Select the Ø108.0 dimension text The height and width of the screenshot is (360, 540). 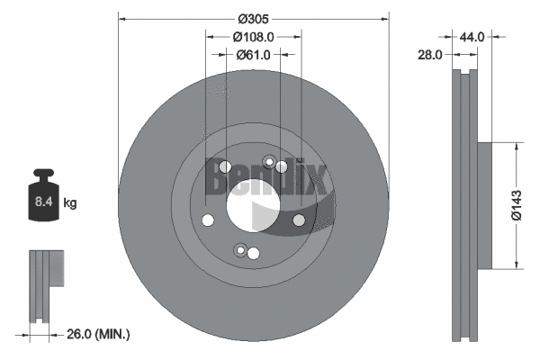tap(253, 37)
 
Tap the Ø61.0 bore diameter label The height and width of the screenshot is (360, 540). tap(254, 54)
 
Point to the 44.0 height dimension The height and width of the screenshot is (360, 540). tap(472, 37)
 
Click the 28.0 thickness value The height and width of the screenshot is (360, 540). tap(430, 54)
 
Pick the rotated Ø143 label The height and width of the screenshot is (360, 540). tap(517, 205)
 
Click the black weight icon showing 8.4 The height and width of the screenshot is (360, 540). tap(43, 196)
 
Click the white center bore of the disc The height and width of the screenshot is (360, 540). tap(253, 205)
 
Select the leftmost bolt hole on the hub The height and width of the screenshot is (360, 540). tap(208, 220)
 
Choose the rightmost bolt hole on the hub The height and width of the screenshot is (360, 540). tap(299, 219)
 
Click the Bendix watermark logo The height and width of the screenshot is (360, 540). tap(268, 176)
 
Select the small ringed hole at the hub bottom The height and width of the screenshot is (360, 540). tap(239, 250)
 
